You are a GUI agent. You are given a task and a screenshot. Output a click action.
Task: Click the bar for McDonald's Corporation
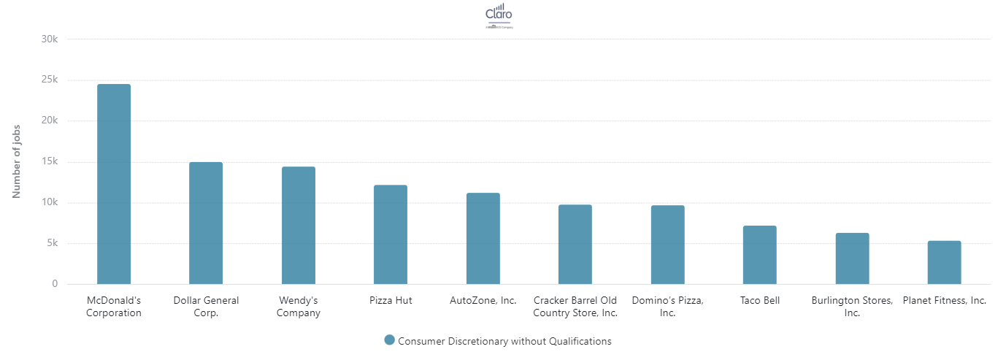tap(114, 184)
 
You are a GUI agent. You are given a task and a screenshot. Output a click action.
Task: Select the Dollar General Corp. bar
tap(206, 223)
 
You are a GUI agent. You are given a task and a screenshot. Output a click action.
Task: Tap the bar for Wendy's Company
tap(299, 225)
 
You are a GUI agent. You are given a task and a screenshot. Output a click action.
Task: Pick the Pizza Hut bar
tap(391, 234)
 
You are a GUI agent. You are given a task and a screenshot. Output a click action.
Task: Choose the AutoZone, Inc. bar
tap(483, 238)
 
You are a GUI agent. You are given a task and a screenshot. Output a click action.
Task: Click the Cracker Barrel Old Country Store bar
tap(575, 244)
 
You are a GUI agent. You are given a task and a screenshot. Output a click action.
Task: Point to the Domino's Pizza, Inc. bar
tap(668, 245)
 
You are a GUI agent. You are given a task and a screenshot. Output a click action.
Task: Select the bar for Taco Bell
tap(760, 255)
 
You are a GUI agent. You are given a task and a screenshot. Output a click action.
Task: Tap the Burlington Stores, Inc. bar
tap(852, 258)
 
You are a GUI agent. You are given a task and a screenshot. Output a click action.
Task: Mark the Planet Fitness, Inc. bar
tap(945, 262)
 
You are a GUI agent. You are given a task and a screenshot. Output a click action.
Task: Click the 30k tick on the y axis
tap(49, 39)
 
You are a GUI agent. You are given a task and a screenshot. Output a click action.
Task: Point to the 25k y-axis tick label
tap(49, 80)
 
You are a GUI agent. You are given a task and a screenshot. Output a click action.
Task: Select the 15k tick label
tap(49, 161)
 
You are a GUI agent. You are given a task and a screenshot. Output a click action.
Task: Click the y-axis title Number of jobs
tap(16, 161)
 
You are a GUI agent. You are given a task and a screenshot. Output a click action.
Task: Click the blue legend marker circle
tap(389, 340)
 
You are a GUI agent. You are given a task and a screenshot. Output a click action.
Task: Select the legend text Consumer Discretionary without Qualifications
tap(504, 341)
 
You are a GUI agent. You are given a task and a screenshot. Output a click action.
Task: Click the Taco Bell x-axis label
tap(760, 300)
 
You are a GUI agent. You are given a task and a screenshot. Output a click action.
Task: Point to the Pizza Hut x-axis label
tap(391, 300)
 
